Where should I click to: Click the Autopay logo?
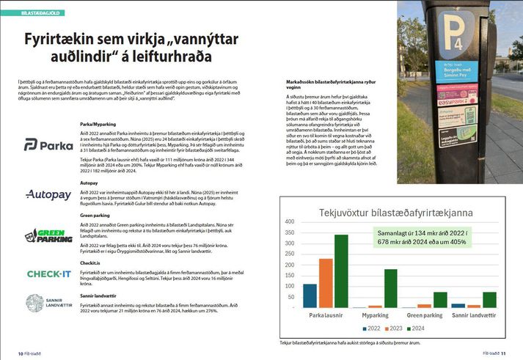point(48,195)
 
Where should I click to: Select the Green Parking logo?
point(48,236)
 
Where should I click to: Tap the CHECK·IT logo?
point(48,273)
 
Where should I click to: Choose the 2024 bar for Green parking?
point(440,300)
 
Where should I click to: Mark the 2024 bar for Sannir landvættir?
point(489,300)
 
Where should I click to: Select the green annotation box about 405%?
point(420,238)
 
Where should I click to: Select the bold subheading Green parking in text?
point(95,215)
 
